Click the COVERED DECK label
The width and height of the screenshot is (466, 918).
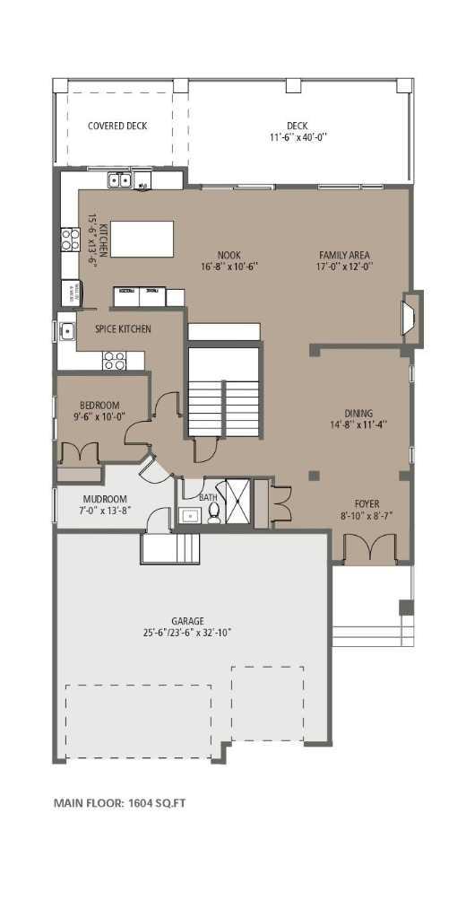tap(117, 126)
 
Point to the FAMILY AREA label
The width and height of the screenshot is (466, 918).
tap(345, 255)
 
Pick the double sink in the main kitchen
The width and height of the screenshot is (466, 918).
tap(120, 181)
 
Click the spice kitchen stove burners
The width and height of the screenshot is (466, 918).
tap(114, 360)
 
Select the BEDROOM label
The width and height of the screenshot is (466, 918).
tap(99, 406)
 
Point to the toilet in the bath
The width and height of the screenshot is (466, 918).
tap(214, 513)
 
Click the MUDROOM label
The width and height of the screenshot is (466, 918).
tap(105, 499)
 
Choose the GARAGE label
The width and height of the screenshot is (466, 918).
tap(188, 620)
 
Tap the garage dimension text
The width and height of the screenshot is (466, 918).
tap(188, 633)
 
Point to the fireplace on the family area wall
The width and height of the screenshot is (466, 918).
tap(409, 318)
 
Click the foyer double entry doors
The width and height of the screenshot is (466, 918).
tap(368, 548)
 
